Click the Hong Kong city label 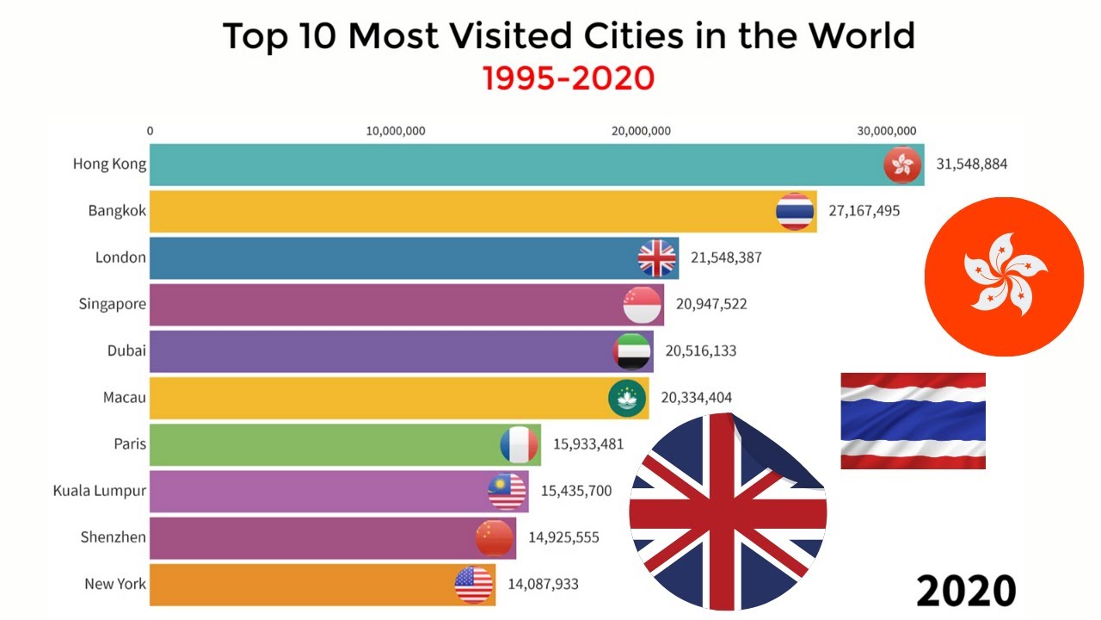pos(109,164)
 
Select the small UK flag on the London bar pos(657,257)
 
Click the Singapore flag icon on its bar pos(642,304)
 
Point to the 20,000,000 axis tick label pos(641,131)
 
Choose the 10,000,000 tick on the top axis pos(396,131)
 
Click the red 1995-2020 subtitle pos(569,78)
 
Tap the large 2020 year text pos(965,591)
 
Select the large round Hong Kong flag pos(1004,276)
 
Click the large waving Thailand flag pos(913,420)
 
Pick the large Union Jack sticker pos(728,512)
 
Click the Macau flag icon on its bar pos(627,398)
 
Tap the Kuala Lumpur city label pos(99,491)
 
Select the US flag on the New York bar pos(474,585)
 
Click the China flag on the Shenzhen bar pos(495,538)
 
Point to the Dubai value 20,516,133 pos(700,350)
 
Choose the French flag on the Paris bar pos(519,444)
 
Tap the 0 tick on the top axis pos(151,131)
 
